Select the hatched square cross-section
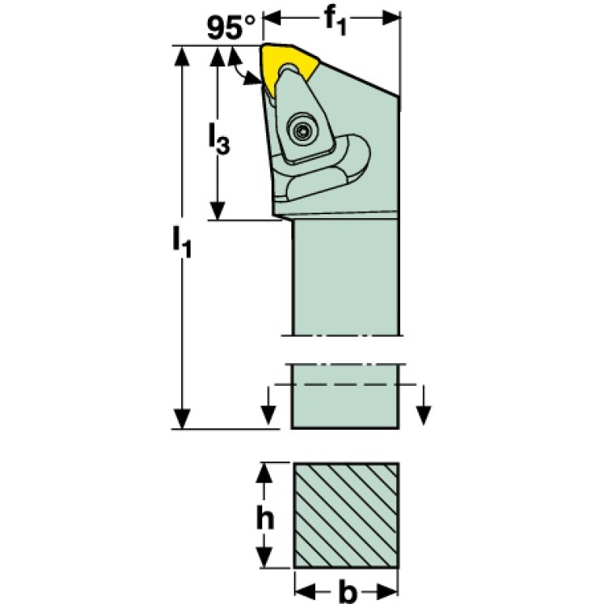click(x=346, y=515)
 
